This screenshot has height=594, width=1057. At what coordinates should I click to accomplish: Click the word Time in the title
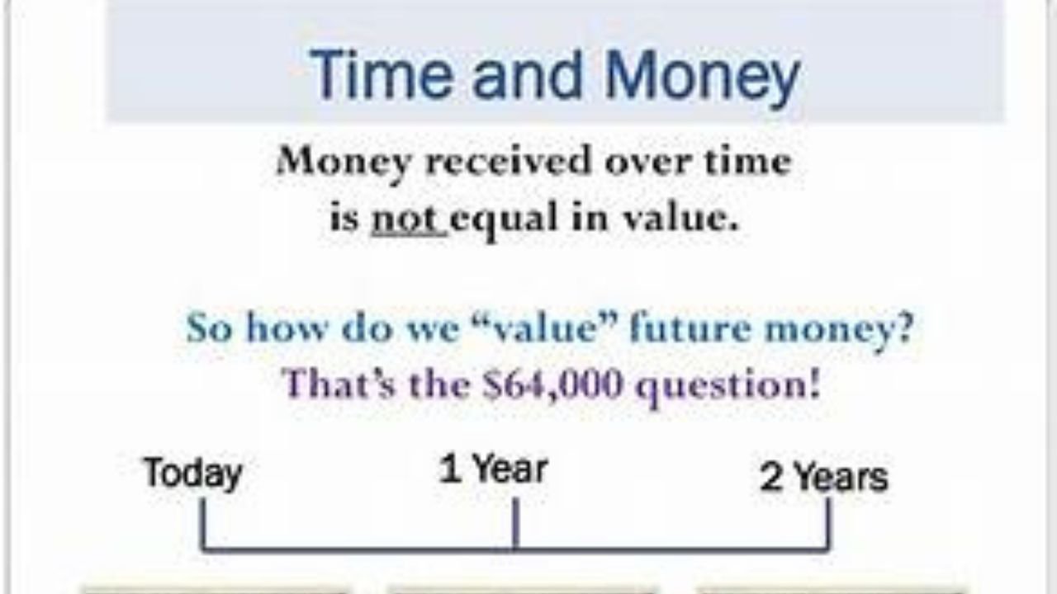tap(382, 74)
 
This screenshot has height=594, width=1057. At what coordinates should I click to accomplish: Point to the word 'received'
tap(509, 161)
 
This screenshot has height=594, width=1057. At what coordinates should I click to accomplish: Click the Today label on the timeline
tap(193, 474)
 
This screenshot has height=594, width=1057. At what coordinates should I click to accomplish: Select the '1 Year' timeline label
tap(493, 470)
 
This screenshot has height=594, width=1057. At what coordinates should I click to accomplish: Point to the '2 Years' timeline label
tap(824, 477)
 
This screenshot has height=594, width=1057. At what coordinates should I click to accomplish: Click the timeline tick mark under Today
tap(203, 524)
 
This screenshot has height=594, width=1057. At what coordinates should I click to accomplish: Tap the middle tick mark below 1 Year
tap(515, 523)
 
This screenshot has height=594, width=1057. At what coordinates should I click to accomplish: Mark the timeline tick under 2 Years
tap(827, 524)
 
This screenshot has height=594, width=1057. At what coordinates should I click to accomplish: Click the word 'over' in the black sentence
tap(649, 163)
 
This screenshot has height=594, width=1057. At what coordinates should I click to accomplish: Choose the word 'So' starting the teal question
tap(210, 327)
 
